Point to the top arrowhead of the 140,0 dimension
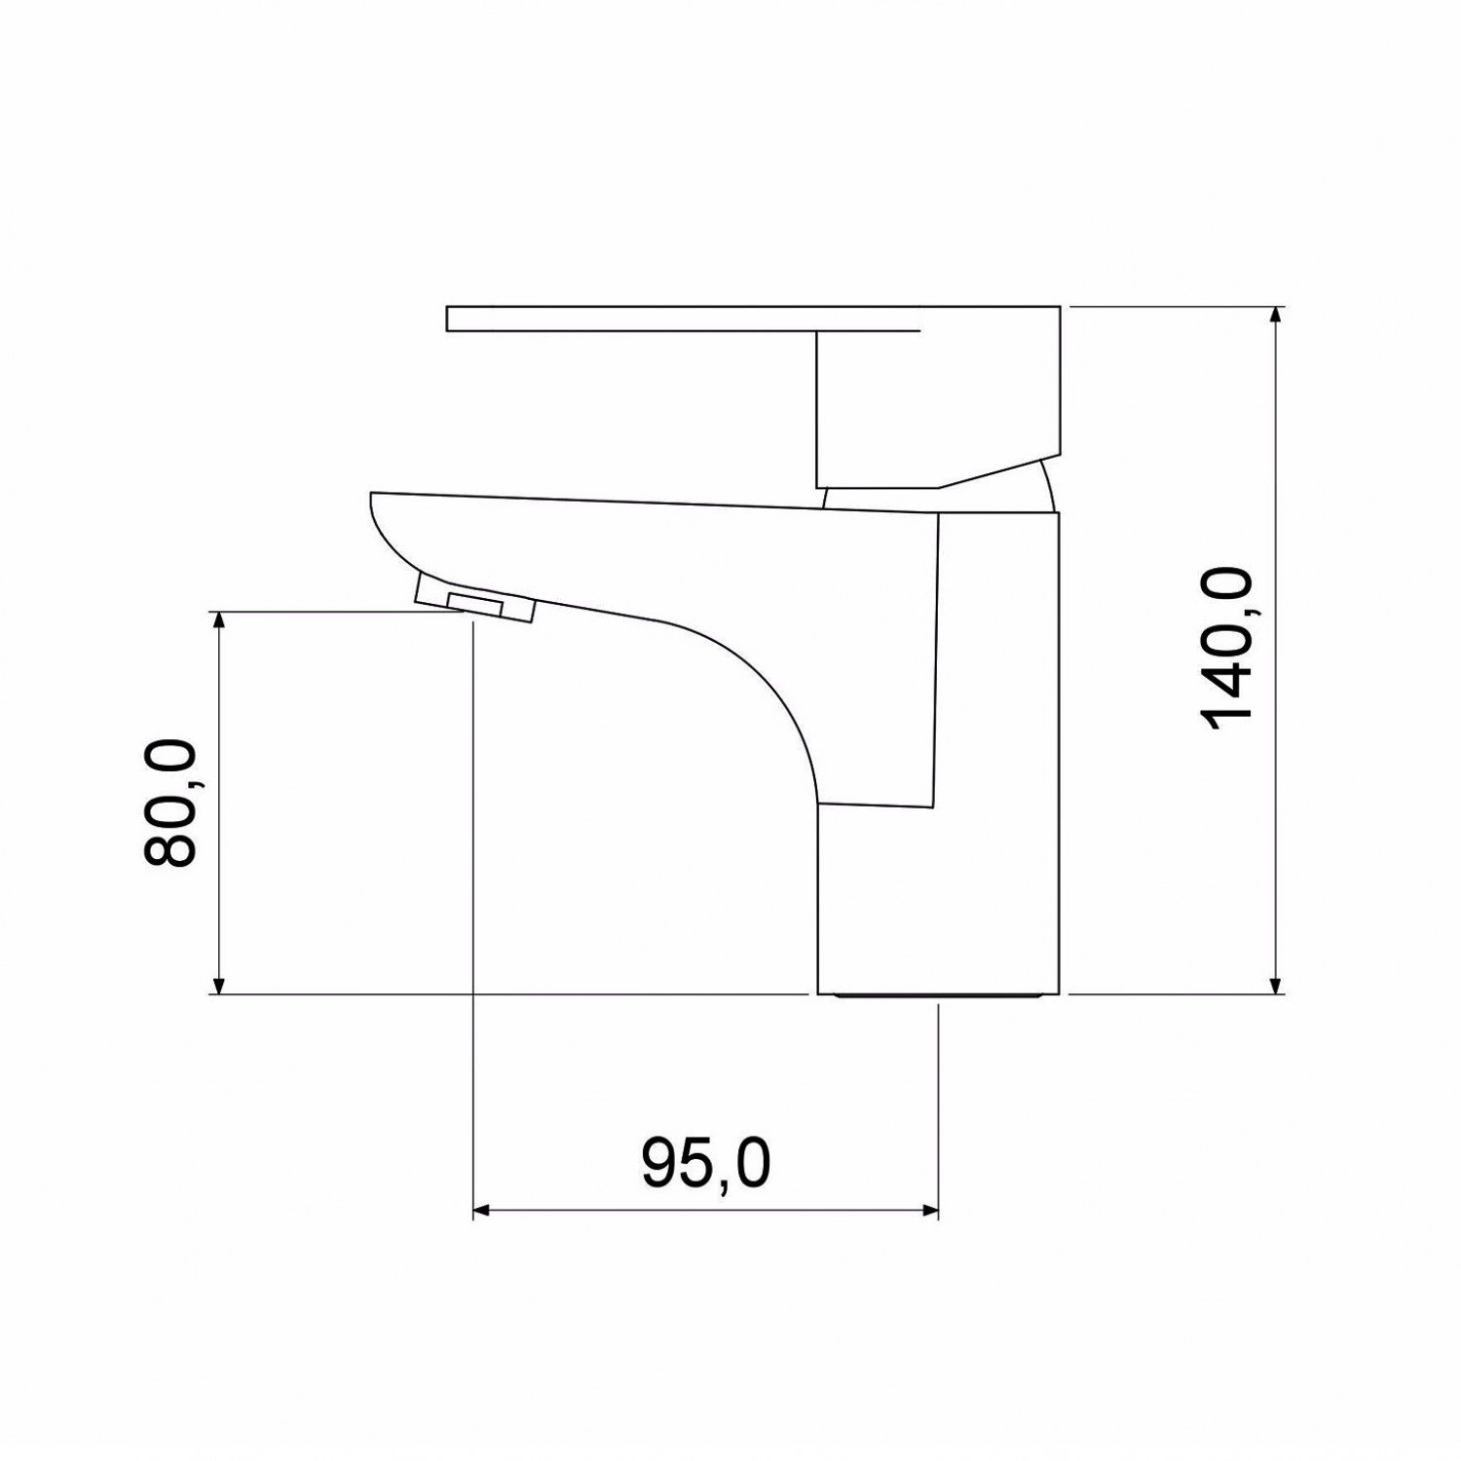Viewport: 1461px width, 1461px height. click(1276, 316)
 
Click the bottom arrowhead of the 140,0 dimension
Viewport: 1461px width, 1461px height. click(1276, 985)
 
